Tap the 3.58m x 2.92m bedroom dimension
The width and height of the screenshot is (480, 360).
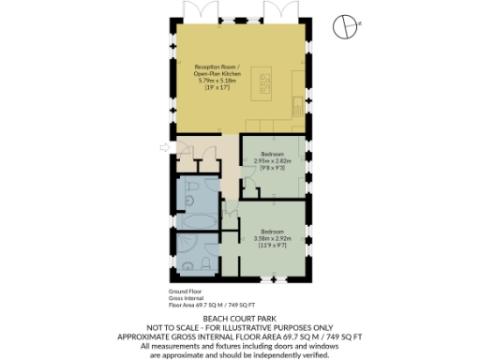pos(272,238)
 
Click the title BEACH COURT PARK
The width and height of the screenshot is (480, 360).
pos(240,319)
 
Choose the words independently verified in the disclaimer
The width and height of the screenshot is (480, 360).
pos(297,352)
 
